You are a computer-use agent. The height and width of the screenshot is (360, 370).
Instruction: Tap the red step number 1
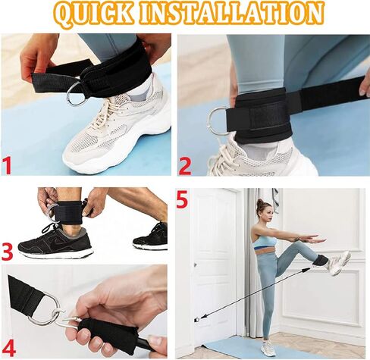click(x=11, y=164)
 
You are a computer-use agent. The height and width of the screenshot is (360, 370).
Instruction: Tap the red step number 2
click(x=185, y=164)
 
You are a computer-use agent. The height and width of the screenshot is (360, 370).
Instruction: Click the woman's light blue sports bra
click(x=264, y=243)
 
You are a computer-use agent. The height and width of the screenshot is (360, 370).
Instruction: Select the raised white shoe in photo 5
click(x=338, y=262)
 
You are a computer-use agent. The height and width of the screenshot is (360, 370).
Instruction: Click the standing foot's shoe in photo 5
click(x=268, y=349)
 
